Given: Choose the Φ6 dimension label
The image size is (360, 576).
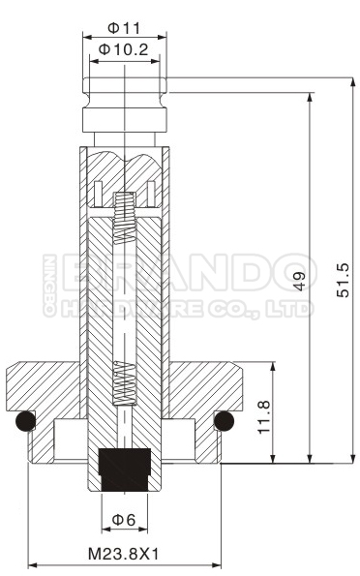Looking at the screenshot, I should click(x=124, y=520).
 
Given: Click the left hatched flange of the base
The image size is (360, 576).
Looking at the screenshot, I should click(x=44, y=383).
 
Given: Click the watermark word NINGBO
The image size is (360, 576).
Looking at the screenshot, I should click(x=49, y=286).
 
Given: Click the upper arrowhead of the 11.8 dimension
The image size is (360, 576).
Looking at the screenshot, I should click(x=274, y=367).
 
